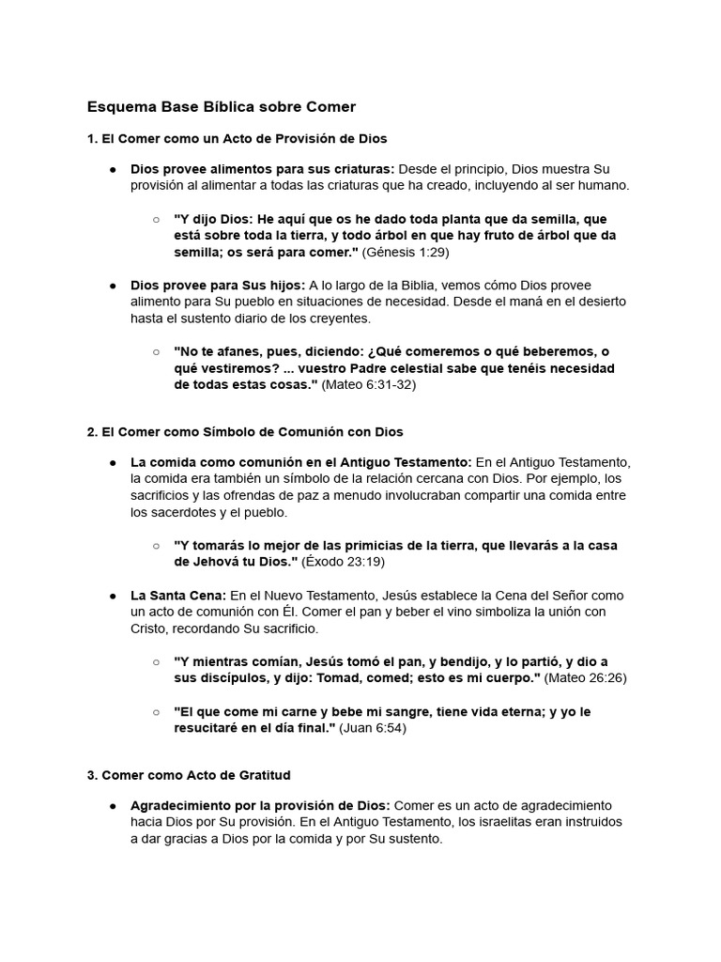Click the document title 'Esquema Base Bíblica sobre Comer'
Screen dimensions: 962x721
[222, 107]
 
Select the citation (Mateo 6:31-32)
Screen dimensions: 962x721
[369, 385]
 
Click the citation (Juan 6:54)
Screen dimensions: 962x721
[373, 728]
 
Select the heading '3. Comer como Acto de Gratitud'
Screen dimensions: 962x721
[189, 775]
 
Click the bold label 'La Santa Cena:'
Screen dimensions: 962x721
[178, 596]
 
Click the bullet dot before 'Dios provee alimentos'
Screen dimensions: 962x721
[112, 169]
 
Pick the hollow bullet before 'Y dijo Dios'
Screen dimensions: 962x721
[156, 219]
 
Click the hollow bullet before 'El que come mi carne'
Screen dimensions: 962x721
[156, 712]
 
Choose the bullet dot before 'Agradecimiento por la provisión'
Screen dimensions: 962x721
[112, 806]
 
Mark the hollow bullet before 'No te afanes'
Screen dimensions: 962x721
[156, 351]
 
